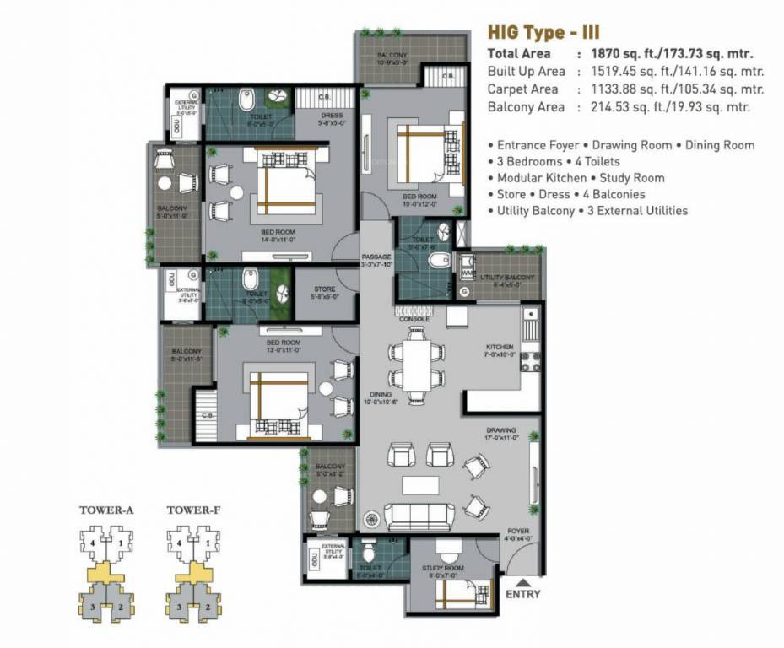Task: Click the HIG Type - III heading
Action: tap(542, 33)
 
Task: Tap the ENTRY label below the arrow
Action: tap(522, 594)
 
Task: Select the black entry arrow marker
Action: tap(522, 581)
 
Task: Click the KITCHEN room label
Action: tap(500, 348)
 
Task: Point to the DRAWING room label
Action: tap(501, 431)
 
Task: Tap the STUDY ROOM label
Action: tap(443, 569)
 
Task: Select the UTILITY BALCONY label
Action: tap(507, 277)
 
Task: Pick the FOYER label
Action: tap(518, 532)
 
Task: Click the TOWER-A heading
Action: tap(107, 510)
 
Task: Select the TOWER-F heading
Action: tap(194, 510)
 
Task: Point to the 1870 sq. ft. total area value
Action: tap(620, 53)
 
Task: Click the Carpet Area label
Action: tap(522, 89)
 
